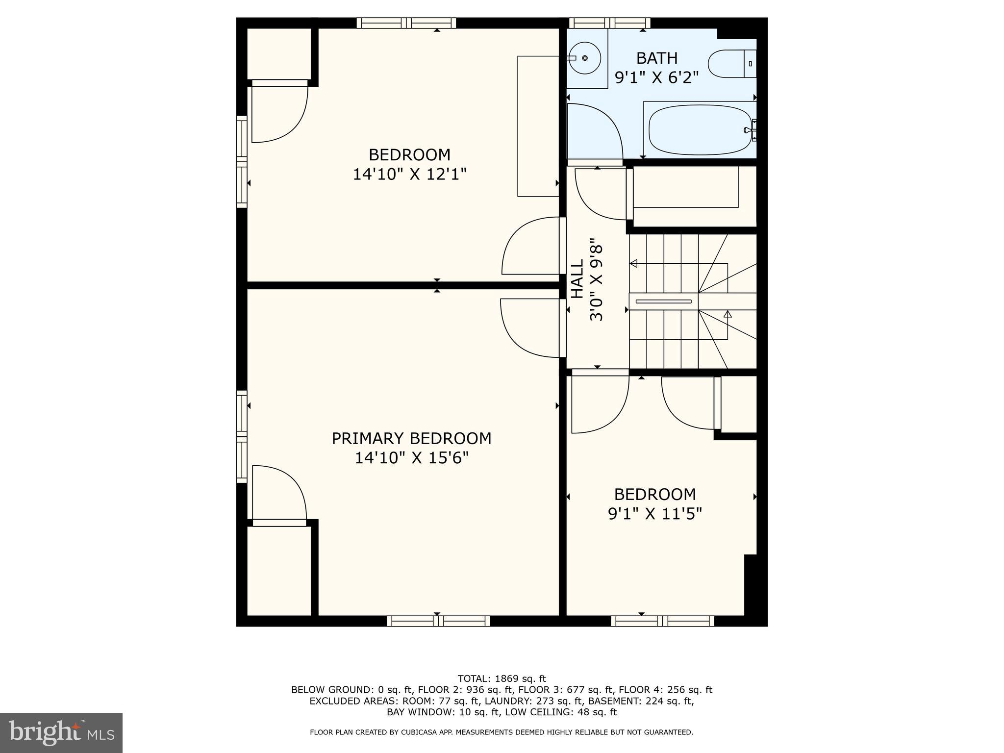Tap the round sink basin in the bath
point(585,58)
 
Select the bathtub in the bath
point(700,130)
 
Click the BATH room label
point(656,58)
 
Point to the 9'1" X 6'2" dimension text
point(656,77)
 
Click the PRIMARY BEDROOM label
point(411,438)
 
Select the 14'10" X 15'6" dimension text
point(411,458)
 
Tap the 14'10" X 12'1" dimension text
point(409,174)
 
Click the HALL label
point(577,279)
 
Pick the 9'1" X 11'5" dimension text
point(655,514)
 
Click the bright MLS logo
point(61,732)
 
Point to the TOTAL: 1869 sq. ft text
point(502,678)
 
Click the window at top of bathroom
point(609,23)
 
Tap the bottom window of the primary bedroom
point(438,621)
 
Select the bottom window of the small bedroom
point(662,621)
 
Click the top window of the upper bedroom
point(406,23)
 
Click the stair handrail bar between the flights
point(663,301)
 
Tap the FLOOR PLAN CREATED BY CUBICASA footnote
point(502,732)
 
